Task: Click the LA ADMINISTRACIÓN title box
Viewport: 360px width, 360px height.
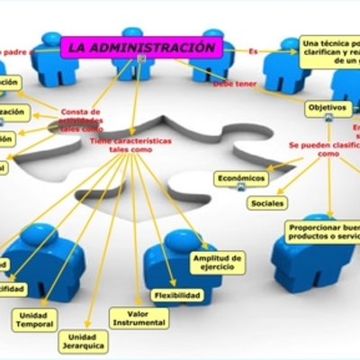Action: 142,46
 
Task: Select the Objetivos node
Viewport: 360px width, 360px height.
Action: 328,108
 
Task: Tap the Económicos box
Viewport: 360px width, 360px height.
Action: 241,178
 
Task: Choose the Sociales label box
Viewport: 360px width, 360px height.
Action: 267,202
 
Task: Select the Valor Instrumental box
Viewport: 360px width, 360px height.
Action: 138,318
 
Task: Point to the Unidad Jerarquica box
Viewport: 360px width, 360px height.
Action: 84,340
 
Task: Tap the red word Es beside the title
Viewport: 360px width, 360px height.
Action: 253,51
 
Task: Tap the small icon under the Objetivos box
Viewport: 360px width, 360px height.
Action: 328,119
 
